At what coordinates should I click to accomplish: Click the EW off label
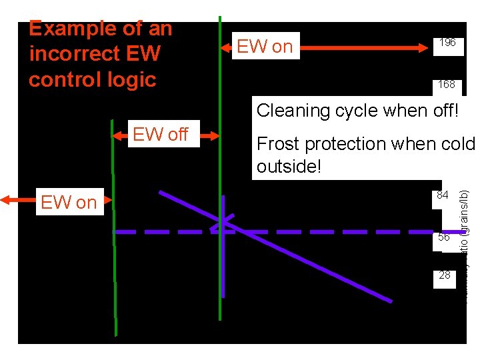[x=160, y=135]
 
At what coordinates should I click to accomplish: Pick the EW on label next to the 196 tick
[x=265, y=46]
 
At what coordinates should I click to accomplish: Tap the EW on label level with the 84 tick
[x=69, y=202]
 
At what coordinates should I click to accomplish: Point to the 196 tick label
[x=447, y=43]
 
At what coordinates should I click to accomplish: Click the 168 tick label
[x=447, y=85]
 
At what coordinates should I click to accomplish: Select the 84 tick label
[x=443, y=195]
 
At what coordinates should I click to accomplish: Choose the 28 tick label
[x=445, y=275]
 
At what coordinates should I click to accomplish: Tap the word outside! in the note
[x=289, y=167]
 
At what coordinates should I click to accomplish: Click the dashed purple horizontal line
[x=333, y=232]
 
